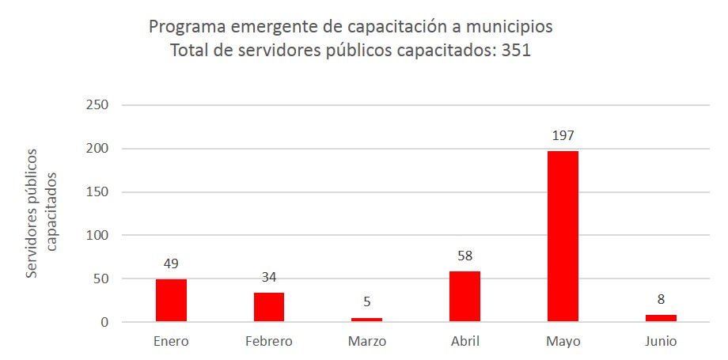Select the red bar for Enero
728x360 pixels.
point(171,300)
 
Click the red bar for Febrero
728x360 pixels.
point(269,306)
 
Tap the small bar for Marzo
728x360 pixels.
point(366,320)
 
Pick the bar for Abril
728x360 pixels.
point(464,296)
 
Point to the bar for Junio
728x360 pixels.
point(661,318)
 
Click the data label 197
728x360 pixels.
point(563,135)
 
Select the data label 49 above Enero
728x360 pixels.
point(171,263)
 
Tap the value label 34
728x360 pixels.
point(269,277)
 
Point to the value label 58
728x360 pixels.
point(464,256)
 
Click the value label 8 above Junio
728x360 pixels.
point(661,300)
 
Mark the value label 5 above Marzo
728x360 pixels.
point(366,301)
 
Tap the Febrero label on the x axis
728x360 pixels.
point(269,342)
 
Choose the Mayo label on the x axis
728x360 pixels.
point(563,342)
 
